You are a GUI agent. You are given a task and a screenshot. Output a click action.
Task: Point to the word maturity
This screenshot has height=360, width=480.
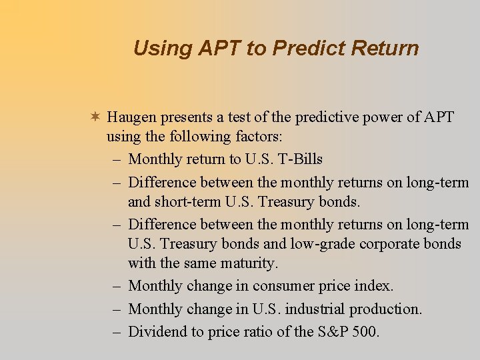click(x=249, y=264)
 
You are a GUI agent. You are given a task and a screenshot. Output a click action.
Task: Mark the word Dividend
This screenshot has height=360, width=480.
click(x=156, y=331)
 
